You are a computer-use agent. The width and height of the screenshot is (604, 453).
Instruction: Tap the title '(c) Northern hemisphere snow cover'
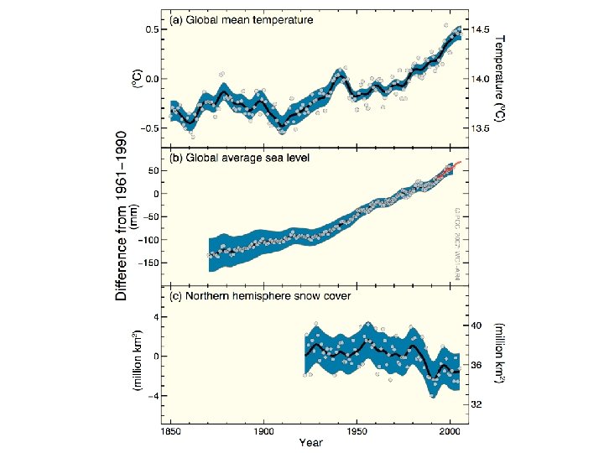pyautogui.click(x=261, y=296)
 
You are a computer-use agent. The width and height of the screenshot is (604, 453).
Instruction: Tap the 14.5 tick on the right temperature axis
pyautogui.click(x=482, y=29)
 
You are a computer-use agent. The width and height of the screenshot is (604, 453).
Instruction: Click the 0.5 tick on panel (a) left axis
pyautogui.click(x=150, y=29)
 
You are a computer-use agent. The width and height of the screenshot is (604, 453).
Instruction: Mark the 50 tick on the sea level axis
pyautogui.click(x=153, y=171)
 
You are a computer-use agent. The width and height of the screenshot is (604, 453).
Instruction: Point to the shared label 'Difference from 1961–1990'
pyautogui.click(x=122, y=215)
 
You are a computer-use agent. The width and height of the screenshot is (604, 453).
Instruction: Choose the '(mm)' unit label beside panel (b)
pyautogui.click(x=133, y=216)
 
